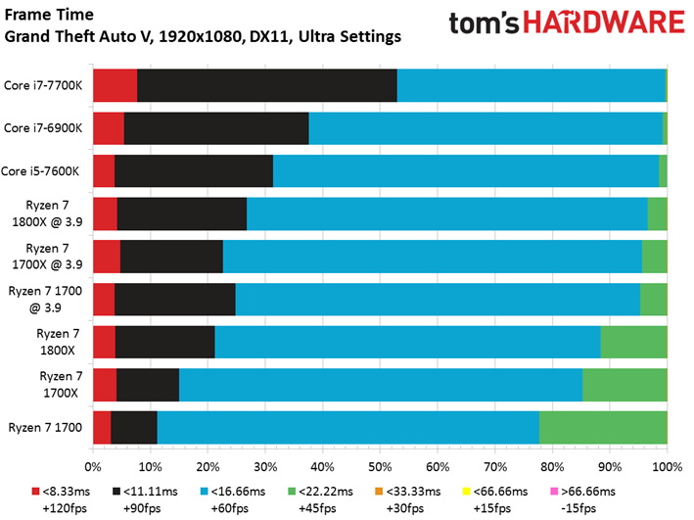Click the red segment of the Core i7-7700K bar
pyautogui.click(x=116, y=85)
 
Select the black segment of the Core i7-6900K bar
pyautogui.click(x=216, y=128)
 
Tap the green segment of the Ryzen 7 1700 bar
pyautogui.click(x=603, y=427)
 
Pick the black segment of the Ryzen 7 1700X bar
pyautogui.click(x=148, y=385)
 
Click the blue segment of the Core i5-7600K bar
pyautogui.click(x=466, y=171)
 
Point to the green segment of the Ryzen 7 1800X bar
pyautogui.click(x=634, y=342)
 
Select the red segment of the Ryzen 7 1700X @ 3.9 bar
pyautogui.click(x=107, y=257)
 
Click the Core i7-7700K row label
pyautogui.click(x=43, y=85)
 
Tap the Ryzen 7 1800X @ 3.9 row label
pyautogui.click(x=47, y=213)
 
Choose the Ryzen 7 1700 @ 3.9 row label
pyautogui.click(x=45, y=299)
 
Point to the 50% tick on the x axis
pyautogui.click(x=380, y=450)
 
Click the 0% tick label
pyautogui.click(x=93, y=467)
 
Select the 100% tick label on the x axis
pyautogui.click(x=667, y=467)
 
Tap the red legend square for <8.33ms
pyautogui.click(x=36, y=492)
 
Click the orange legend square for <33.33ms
pyautogui.click(x=379, y=492)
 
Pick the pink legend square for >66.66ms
pyautogui.click(x=554, y=492)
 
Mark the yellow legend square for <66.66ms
pyautogui.click(x=466, y=492)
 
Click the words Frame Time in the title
pyautogui.click(x=49, y=15)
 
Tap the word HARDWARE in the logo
pyautogui.click(x=604, y=23)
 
